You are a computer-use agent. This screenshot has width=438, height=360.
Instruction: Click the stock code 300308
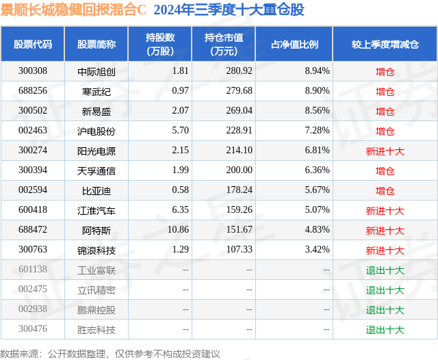tap(33, 71)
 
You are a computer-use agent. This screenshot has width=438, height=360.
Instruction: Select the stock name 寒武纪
tap(96, 91)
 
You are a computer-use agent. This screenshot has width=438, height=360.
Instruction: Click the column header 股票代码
tap(33, 44)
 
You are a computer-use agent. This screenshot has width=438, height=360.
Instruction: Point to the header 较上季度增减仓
tap(385, 44)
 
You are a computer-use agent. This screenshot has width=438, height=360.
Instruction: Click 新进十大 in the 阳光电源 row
tap(385, 151)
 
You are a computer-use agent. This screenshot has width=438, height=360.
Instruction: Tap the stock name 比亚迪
tap(96, 190)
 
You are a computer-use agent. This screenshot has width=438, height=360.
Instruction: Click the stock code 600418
tap(33, 210)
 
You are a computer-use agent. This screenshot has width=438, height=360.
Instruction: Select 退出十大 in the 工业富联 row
tap(385, 270)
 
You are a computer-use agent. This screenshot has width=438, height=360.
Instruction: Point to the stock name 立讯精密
tap(96, 290)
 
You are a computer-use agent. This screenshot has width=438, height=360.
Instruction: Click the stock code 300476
tap(33, 329)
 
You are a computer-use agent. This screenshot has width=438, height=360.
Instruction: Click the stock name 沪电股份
tap(96, 131)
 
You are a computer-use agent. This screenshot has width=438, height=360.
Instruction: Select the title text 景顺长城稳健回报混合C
tap(74, 10)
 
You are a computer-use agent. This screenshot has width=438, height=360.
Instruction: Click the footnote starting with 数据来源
tap(110, 353)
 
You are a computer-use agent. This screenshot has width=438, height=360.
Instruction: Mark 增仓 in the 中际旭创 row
tap(385, 71)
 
